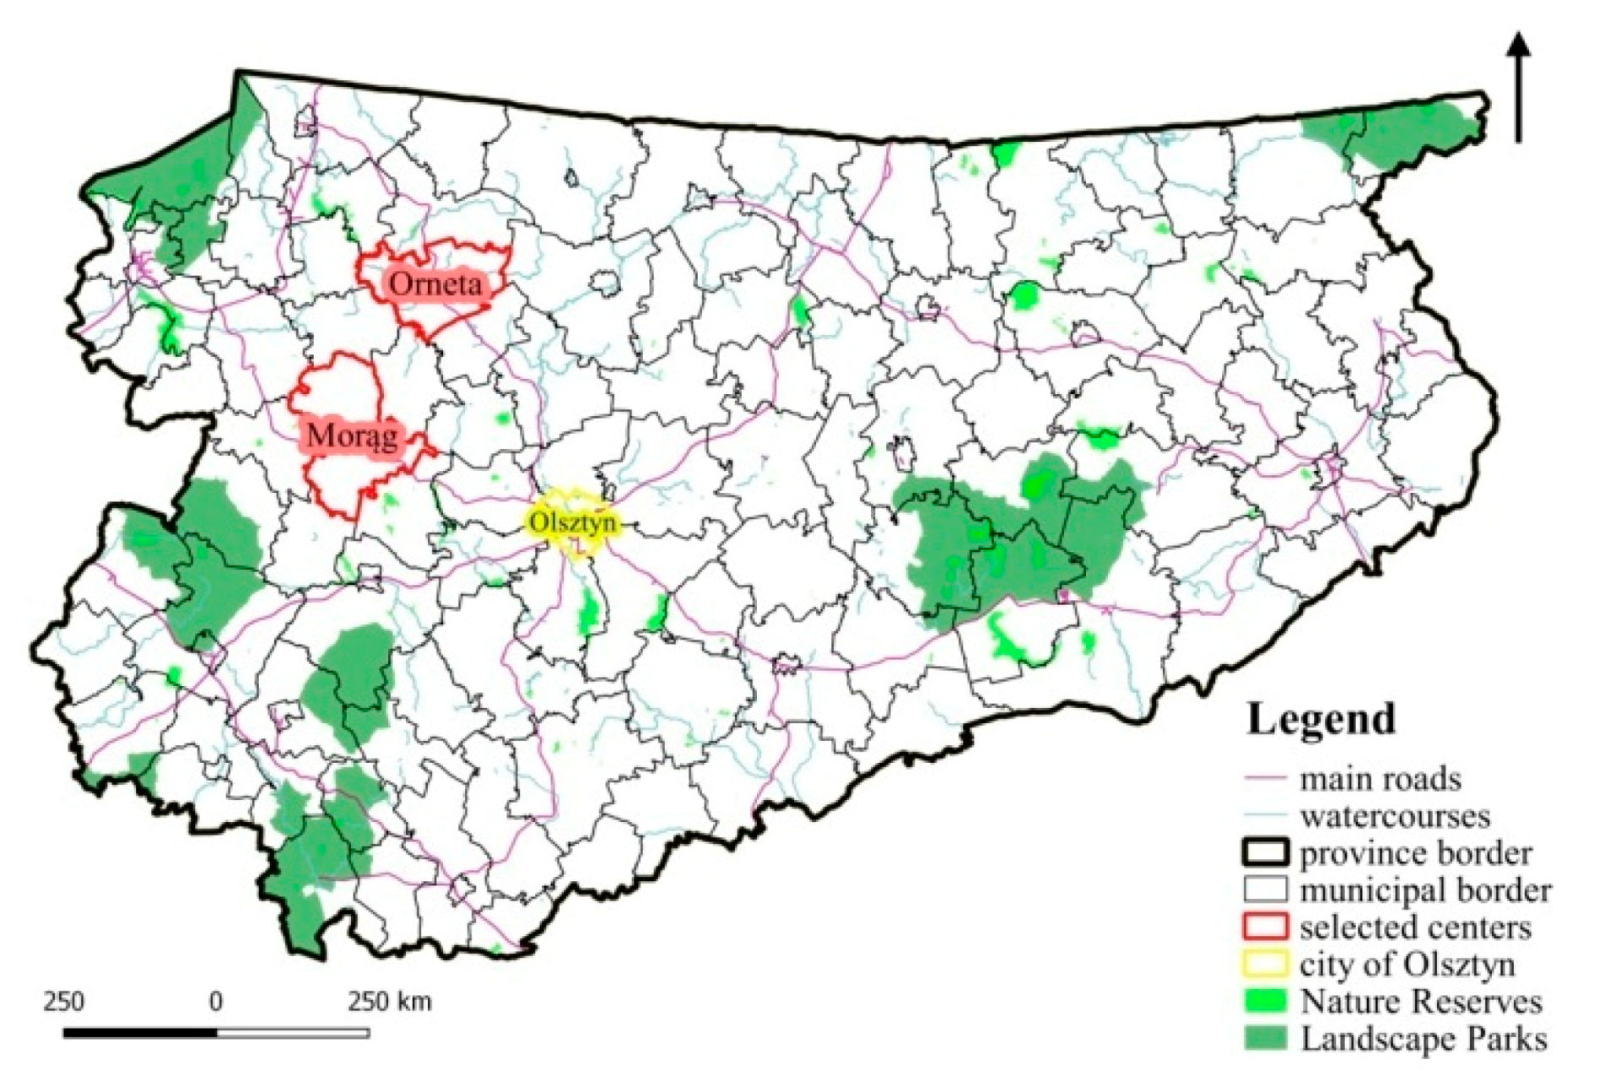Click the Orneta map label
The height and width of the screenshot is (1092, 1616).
435,284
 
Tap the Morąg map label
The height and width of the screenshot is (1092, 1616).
352,436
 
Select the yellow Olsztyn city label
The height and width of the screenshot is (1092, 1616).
571,523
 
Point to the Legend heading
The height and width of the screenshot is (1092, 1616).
1321,720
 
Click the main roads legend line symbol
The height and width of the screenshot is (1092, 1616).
1265,779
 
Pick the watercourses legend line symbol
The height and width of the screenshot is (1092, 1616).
1265,816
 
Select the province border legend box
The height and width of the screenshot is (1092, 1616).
1266,852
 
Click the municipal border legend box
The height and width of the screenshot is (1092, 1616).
1266,889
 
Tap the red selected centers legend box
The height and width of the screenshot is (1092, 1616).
1266,927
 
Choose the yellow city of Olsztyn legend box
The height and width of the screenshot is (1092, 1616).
1266,964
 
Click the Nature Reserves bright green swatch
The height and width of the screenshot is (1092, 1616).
1266,1001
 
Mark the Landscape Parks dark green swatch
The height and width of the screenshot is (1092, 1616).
1266,1038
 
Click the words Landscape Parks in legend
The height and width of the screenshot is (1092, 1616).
1424,1038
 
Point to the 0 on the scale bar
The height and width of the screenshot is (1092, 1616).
216,1002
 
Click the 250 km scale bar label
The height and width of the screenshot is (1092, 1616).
390,1002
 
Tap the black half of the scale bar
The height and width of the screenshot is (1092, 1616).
140,1032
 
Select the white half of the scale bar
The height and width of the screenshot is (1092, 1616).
293,1032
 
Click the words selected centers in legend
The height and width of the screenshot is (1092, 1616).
1415,927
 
